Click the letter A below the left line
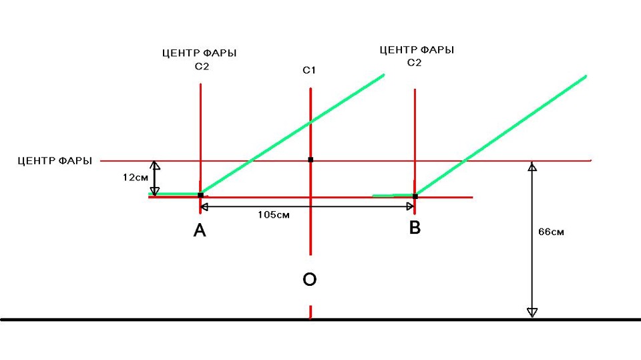click(200, 230)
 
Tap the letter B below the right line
click(415, 227)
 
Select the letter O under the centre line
click(309, 279)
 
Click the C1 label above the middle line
click(309, 70)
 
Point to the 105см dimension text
click(274, 215)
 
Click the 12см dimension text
click(136, 178)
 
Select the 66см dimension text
click(551, 232)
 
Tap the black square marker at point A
click(200, 195)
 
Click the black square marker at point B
click(415, 196)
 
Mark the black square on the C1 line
click(310, 160)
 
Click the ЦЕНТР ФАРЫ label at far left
click(55, 161)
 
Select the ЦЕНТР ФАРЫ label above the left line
click(200, 53)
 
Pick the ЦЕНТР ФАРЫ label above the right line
click(417, 50)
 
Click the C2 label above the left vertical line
click(202, 66)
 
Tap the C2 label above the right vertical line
click(414, 63)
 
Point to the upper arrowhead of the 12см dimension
click(154, 165)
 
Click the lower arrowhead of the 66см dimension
click(532, 313)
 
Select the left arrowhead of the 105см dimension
click(205, 207)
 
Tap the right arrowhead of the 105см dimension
click(411, 207)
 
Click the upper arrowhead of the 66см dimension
click(532, 166)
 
